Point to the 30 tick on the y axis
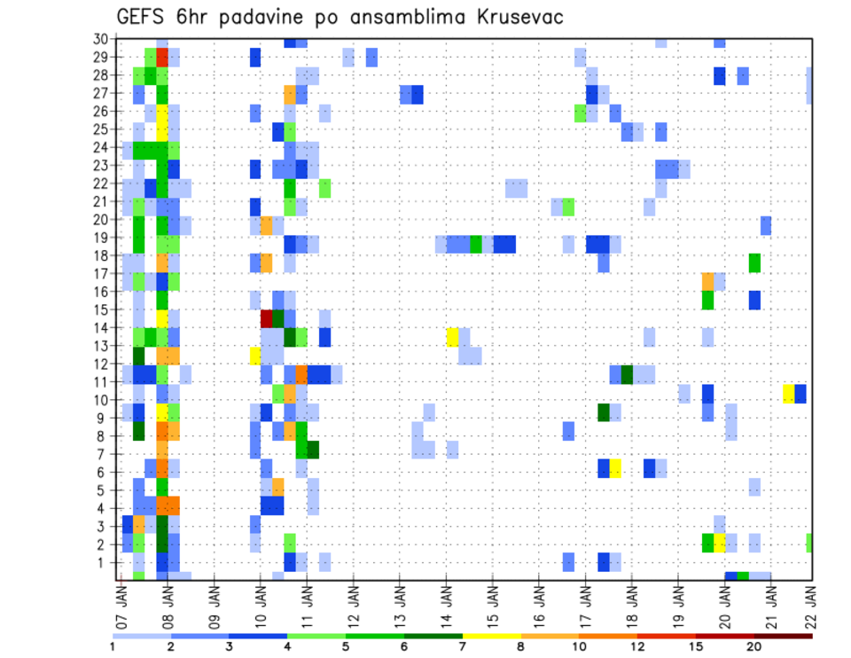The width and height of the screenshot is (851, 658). point(101,39)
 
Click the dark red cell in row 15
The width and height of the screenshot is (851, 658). point(266,317)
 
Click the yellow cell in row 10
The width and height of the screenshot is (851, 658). point(789,394)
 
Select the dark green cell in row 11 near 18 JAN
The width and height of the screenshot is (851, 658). point(628,374)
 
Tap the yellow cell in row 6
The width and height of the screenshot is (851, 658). point(615,467)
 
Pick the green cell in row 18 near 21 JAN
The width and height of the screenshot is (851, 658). point(754,262)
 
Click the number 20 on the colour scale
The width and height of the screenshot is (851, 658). point(754,646)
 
